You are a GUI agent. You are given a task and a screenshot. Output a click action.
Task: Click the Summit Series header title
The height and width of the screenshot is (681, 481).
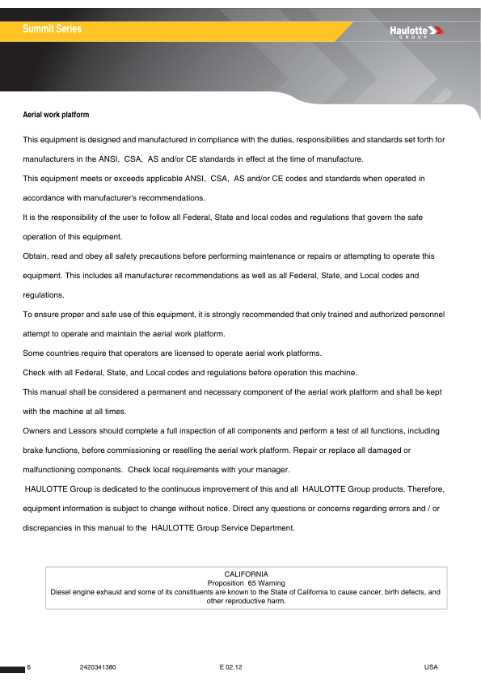(x=52, y=29)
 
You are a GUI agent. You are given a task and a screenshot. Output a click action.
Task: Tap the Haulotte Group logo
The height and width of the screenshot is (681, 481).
(x=417, y=32)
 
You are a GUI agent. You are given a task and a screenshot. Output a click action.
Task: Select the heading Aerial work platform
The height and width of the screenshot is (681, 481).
(x=56, y=115)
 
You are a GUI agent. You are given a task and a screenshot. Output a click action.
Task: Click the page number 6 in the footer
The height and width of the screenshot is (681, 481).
(x=29, y=666)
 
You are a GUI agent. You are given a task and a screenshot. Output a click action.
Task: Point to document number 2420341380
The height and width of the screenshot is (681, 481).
(x=99, y=666)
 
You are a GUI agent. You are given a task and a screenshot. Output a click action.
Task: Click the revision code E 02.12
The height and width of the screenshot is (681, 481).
(x=230, y=666)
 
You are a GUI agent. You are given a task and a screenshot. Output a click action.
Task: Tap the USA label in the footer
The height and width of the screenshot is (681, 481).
(x=430, y=666)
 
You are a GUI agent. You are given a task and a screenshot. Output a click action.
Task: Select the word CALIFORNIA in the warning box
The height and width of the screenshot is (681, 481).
(x=246, y=573)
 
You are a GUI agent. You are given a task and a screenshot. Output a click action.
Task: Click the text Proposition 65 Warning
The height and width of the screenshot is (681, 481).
(x=246, y=582)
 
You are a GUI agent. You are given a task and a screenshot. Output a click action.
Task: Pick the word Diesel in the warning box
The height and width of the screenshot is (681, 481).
(x=61, y=592)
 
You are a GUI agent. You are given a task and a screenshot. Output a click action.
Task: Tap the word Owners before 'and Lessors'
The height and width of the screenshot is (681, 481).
(x=36, y=431)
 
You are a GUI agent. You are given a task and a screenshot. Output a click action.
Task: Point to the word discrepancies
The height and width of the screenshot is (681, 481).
(x=49, y=528)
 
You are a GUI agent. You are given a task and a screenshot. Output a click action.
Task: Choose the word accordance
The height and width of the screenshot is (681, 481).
(x=46, y=198)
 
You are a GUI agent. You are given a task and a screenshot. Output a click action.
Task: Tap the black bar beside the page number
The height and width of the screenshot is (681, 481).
(x=13, y=669)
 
